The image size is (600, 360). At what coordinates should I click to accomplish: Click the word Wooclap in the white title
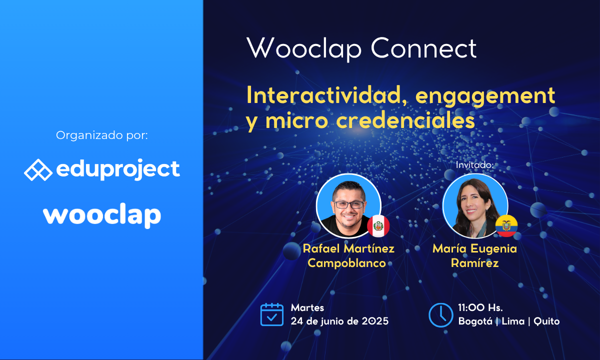pyautogui.click(x=304, y=48)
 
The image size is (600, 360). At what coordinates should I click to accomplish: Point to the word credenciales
pyautogui.click(x=405, y=120)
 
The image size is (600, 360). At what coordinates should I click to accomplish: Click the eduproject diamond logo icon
pyautogui.click(x=38, y=170)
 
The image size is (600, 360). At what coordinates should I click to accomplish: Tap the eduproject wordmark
pyautogui.click(x=118, y=170)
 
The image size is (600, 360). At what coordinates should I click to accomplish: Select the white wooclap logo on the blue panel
pyautogui.click(x=102, y=215)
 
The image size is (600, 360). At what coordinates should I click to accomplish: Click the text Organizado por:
pyautogui.click(x=102, y=135)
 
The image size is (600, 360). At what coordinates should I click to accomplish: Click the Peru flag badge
pyautogui.click(x=378, y=226)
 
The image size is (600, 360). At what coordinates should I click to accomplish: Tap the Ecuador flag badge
pyautogui.click(x=506, y=226)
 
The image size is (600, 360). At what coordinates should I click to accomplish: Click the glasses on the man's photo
pyautogui.click(x=348, y=205)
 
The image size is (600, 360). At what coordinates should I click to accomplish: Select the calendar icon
pyautogui.click(x=272, y=314)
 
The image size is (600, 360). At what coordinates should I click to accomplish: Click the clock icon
pyautogui.click(x=441, y=315)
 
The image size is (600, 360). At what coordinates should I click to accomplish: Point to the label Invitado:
pyautogui.click(x=474, y=165)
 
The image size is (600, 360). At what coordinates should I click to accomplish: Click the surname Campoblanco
pyautogui.click(x=346, y=263)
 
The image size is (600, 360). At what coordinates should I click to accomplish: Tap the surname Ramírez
pyautogui.click(x=474, y=263)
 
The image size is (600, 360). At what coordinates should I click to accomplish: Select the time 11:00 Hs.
pyautogui.click(x=480, y=307)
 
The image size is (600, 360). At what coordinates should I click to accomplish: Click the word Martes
pyautogui.click(x=307, y=307)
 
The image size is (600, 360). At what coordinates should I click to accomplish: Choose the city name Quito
pyautogui.click(x=546, y=321)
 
